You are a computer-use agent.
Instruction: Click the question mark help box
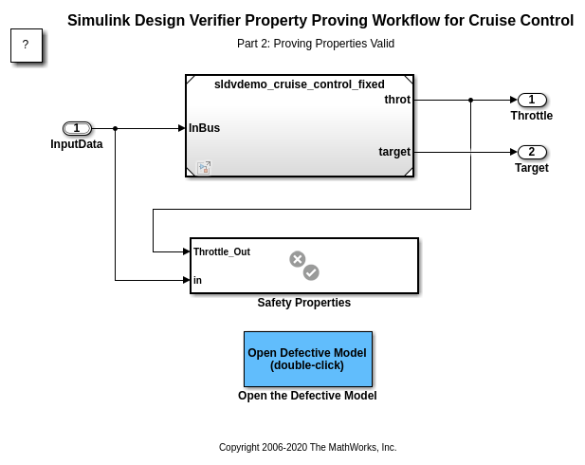(26, 45)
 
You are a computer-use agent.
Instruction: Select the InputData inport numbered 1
(77, 128)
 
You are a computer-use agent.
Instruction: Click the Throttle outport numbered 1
(532, 100)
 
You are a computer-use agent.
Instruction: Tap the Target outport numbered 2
(532, 152)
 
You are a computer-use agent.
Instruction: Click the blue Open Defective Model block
(307, 359)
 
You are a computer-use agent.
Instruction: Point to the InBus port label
(204, 128)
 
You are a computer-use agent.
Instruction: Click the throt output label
(397, 100)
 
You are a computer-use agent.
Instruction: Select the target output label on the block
(394, 152)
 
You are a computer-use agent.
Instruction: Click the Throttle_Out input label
(221, 251)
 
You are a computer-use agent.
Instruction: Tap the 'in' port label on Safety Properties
(197, 280)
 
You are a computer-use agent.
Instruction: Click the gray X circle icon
(297, 258)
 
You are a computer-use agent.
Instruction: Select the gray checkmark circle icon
(311, 272)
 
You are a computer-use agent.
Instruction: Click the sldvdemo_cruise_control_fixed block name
(299, 84)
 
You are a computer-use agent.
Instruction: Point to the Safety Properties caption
(303, 303)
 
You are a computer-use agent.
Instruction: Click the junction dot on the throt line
(471, 100)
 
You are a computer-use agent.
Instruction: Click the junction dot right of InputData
(115, 128)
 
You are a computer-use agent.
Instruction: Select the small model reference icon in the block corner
(204, 168)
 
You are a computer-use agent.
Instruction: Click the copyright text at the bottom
(307, 447)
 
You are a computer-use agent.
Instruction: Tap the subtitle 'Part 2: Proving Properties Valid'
(316, 44)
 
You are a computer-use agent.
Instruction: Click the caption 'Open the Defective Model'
(307, 396)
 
